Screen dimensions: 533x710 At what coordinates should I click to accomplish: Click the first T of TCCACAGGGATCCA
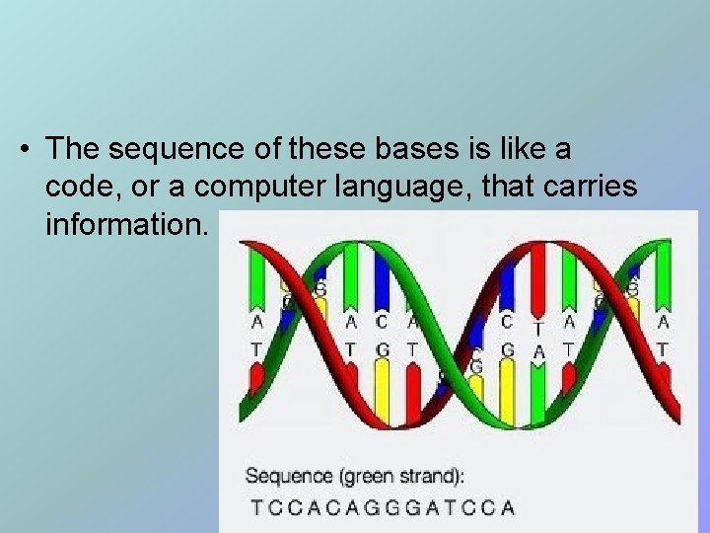257,508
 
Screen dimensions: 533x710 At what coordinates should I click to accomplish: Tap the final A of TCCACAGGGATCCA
508,508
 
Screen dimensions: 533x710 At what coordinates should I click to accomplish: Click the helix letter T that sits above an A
538,330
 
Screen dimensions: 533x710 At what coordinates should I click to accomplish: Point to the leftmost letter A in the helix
257,322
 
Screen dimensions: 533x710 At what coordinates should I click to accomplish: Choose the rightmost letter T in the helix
663,349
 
